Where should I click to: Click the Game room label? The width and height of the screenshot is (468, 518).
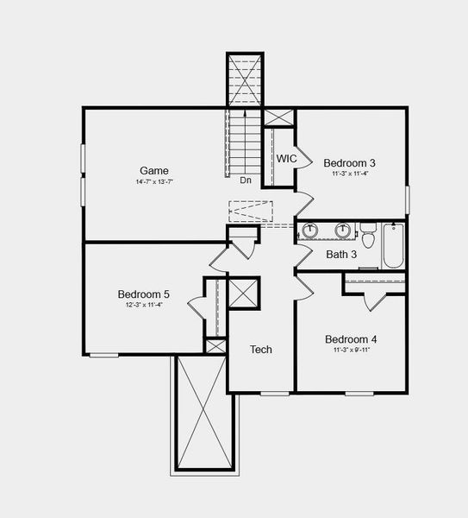(154, 170)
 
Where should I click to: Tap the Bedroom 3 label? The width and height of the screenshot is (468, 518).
(349, 162)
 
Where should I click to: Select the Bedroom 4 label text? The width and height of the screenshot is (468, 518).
(351, 339)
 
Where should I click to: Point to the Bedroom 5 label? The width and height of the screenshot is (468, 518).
(144, 294)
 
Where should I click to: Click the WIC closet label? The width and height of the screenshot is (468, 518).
(287, 159)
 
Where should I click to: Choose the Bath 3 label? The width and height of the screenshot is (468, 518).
(341, 254)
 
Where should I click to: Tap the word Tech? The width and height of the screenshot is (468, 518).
(261, 349)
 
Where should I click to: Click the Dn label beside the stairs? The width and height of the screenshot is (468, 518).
(246, 180)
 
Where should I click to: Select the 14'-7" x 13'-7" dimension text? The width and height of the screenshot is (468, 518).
(154, 183)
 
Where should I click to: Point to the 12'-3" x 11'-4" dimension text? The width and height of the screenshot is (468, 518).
(144, 306)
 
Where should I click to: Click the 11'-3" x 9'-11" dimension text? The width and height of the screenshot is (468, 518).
(351, 351)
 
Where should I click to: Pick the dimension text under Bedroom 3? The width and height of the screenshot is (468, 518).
(349, 174)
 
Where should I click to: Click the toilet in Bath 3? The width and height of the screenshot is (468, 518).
(368, 236)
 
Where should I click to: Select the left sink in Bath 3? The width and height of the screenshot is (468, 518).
(309, 231)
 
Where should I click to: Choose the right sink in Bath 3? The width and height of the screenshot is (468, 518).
(343, 231)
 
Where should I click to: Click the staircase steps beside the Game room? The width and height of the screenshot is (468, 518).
(244, 142)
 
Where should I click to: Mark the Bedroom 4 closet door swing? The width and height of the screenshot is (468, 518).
(374, 302)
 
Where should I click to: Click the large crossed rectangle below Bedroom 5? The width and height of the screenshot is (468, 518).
(204, 412)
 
